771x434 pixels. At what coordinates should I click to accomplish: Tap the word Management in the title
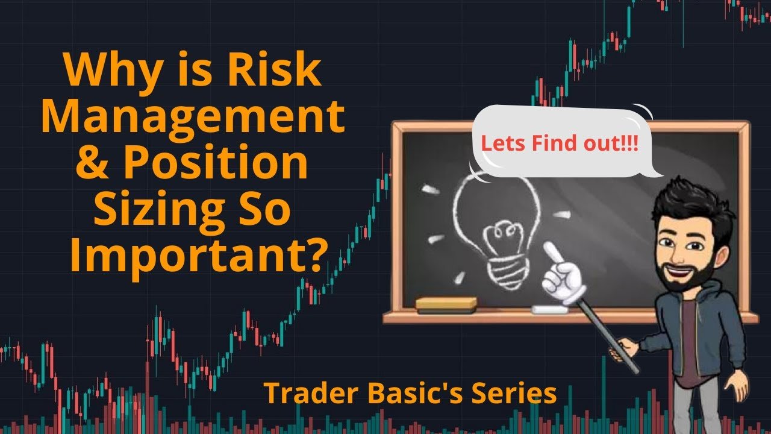coord(193,116)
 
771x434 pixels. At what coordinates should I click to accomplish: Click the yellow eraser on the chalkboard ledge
coord(446,305)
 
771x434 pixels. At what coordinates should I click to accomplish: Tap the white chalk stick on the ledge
coord(549,310)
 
